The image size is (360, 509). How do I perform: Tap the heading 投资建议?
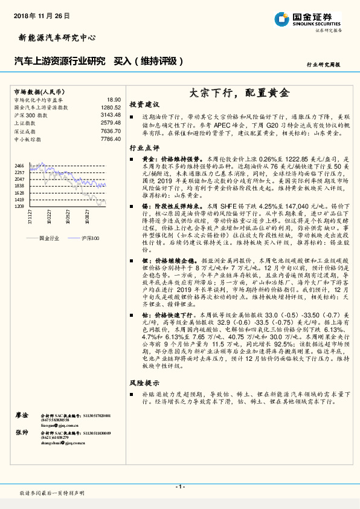point(144,104)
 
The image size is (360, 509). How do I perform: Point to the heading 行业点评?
point(144,147)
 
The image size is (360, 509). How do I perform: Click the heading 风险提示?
point(144,383)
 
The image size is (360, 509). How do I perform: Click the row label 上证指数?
point(25,123)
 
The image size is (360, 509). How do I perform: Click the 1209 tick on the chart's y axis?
point(19,206)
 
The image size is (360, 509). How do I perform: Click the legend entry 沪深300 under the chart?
point(90,238)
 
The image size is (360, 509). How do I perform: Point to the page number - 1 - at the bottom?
point(179,487)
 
